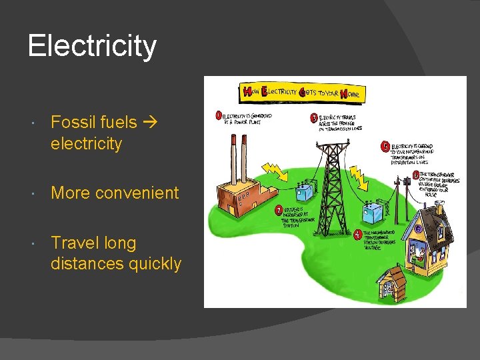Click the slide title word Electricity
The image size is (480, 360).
coord(92,46)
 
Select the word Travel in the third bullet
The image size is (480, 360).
coord(75,243)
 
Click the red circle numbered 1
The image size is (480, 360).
coord(218,115)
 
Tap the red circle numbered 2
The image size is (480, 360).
coord(279,211)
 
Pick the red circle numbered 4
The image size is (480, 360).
coord(358,234)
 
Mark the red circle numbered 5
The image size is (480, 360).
coord(385,145)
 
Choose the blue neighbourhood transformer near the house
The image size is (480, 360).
coord(374,214)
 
